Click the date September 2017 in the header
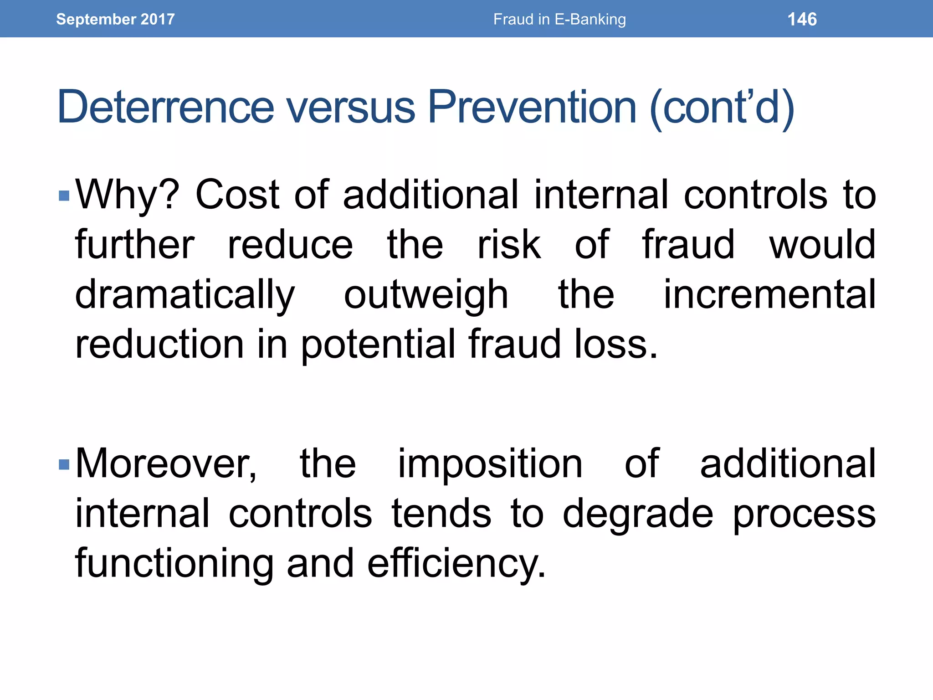[115, 19]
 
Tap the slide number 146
[802, 19]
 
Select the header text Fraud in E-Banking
[559, 19]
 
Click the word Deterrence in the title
[165, 107]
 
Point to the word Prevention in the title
[532, 107]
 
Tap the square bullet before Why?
[64, 196]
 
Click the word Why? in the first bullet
[127, 195]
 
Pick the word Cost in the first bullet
[237, 195]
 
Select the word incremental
[769, 295]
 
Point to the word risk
[509, 245]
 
